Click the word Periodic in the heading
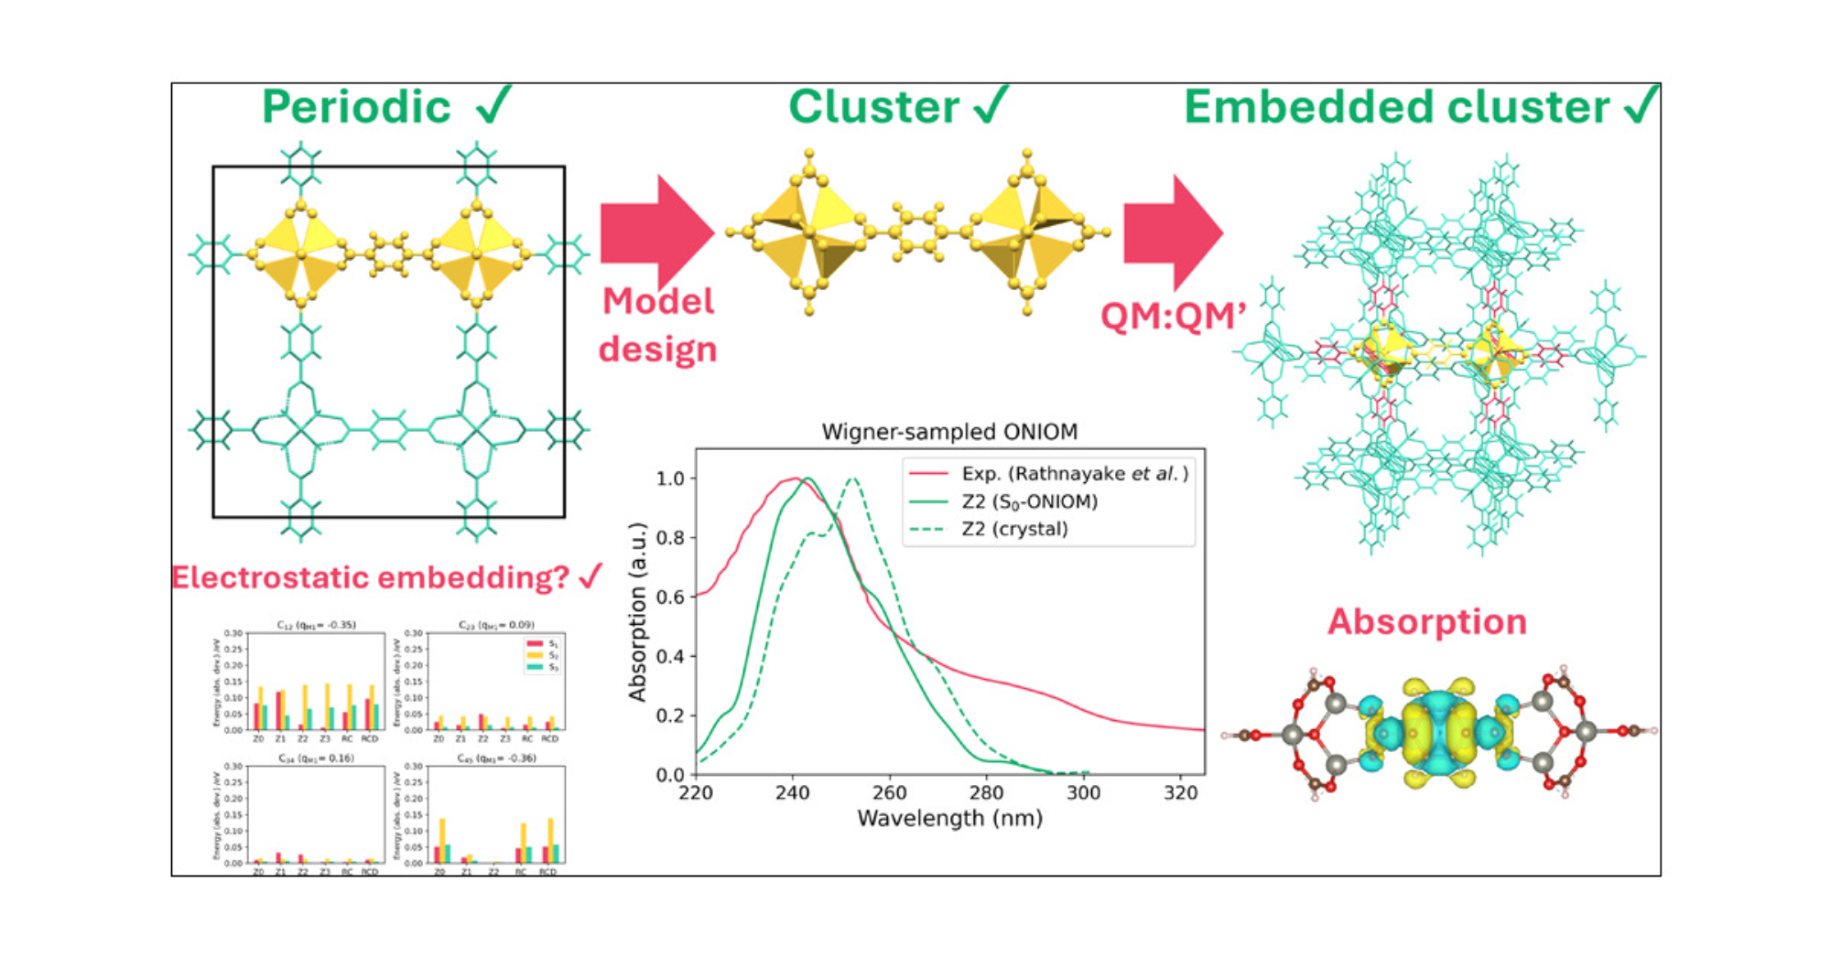356,107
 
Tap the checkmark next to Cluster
991,105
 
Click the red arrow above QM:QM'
1173,232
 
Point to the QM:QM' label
1173,317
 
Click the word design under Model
657,349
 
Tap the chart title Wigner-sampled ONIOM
949,432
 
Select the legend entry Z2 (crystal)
1014,529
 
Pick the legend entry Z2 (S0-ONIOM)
1029,501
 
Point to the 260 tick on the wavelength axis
889,793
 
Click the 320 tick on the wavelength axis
1180,793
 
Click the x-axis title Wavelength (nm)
949,818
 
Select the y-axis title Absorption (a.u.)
637,611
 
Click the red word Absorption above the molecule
1427,622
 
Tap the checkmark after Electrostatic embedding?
591,576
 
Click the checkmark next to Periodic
494,105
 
